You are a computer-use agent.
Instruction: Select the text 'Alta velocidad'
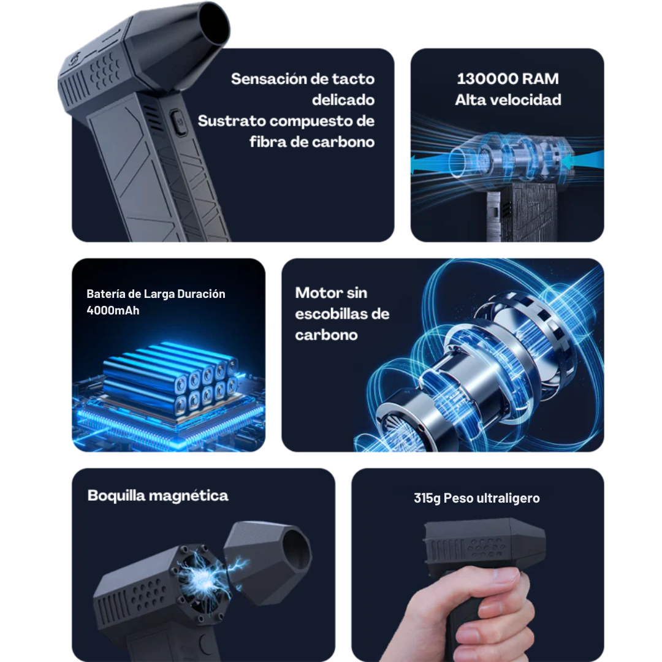pyautogui.click(x=508, y=100)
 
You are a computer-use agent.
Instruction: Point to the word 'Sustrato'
pyautogui.click(x=231, y=121)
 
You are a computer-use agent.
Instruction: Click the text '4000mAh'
pyautogui.click(x=113, y=310)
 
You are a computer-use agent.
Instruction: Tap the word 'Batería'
pyautogui.click(x=107, y=294)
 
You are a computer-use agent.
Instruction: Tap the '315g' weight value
pyautogui.click(x=427, y=498)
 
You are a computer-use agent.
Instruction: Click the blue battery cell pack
pyautogui.click(x=169, y=380)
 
